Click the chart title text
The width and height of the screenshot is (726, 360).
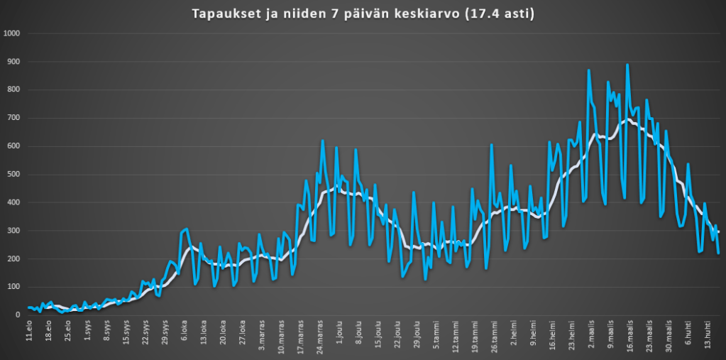tap(362, 14)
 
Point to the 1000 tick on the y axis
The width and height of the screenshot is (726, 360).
tap(11, 33)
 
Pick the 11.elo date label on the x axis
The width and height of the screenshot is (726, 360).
tap(30, 333)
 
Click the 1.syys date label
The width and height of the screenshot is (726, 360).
tap(88, 334)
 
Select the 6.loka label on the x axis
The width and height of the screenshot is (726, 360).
tap(184, 334)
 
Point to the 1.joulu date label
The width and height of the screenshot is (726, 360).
tap(339, 334)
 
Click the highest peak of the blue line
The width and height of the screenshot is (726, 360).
tap(627, 65)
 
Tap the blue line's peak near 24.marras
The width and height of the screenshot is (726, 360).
tap(323, 141)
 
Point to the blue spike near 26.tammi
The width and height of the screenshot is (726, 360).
tap(492, 145)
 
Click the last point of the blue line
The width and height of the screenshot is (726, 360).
tap(718, 253)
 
